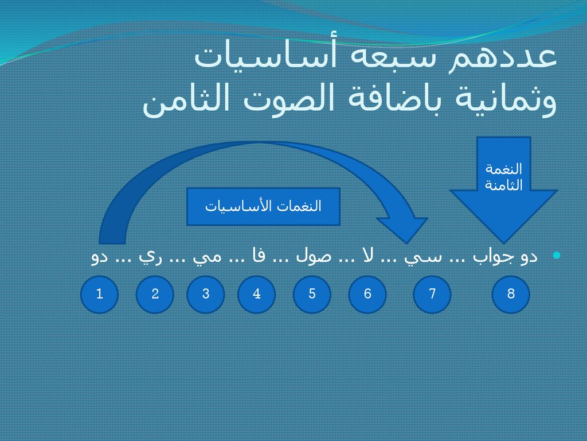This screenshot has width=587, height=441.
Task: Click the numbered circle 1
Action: coord(99,295)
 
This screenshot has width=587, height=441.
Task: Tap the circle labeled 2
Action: coord(155,295)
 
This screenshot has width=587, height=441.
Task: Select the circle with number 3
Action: coord(206,295)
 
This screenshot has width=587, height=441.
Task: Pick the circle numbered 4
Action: coord(256,295)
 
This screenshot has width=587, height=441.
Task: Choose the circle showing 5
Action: coord(312,295)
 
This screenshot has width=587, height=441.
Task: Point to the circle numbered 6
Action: coord(367,295)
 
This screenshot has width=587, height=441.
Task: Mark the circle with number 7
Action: coord(432,295)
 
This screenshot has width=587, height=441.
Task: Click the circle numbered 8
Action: coord(511,295)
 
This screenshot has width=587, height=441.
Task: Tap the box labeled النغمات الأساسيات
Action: coord(263,207)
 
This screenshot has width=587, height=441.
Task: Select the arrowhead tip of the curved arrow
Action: coord(408,243)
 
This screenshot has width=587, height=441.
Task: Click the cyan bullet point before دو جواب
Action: coord(557,256)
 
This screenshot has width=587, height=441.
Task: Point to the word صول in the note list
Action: coord(314,257)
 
